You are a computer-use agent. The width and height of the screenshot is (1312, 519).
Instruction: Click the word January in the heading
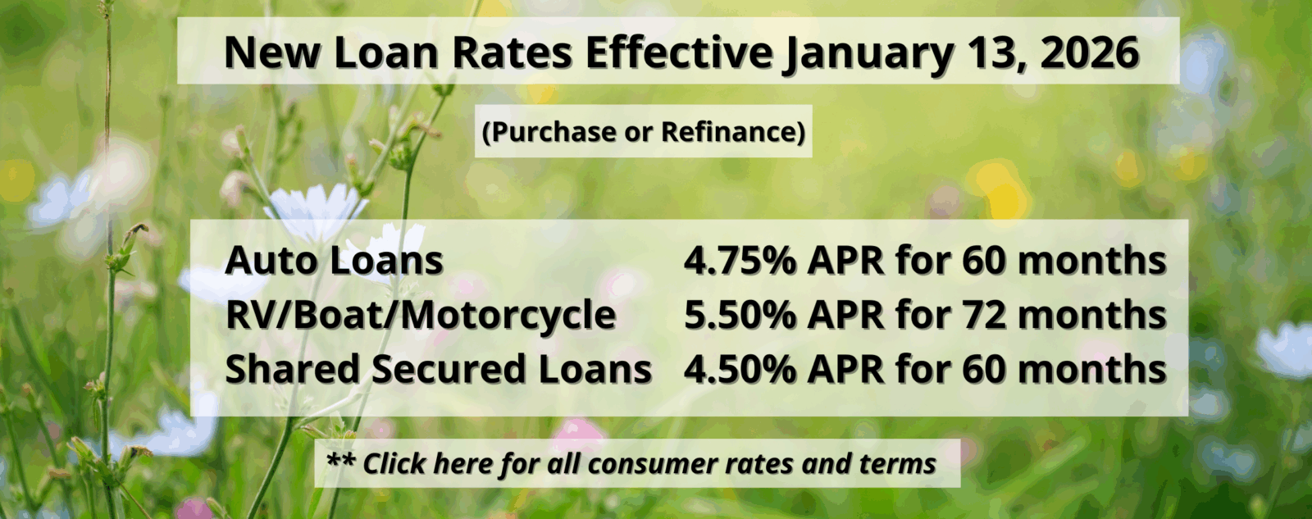(868, 53)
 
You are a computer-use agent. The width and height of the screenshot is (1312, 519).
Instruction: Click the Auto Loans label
(334, 261)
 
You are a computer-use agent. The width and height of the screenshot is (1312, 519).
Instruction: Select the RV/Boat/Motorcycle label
(421, 315)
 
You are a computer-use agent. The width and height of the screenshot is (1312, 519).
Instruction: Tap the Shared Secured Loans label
(439, 369)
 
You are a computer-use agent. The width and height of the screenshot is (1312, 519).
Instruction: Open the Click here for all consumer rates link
(648, 464)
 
